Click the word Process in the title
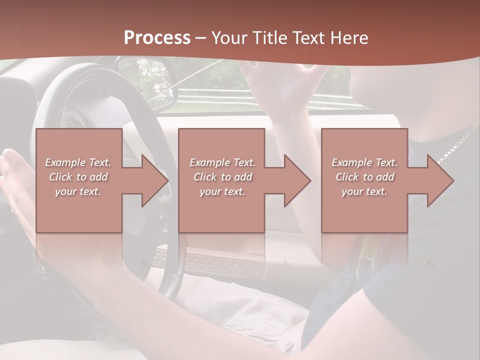(157, 37)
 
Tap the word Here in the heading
(348, 37)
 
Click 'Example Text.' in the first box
(78, 162)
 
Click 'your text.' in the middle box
(222, 191)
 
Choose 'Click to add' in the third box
(364, 177)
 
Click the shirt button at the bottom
(288, 345)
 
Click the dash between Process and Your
(201, 38)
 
